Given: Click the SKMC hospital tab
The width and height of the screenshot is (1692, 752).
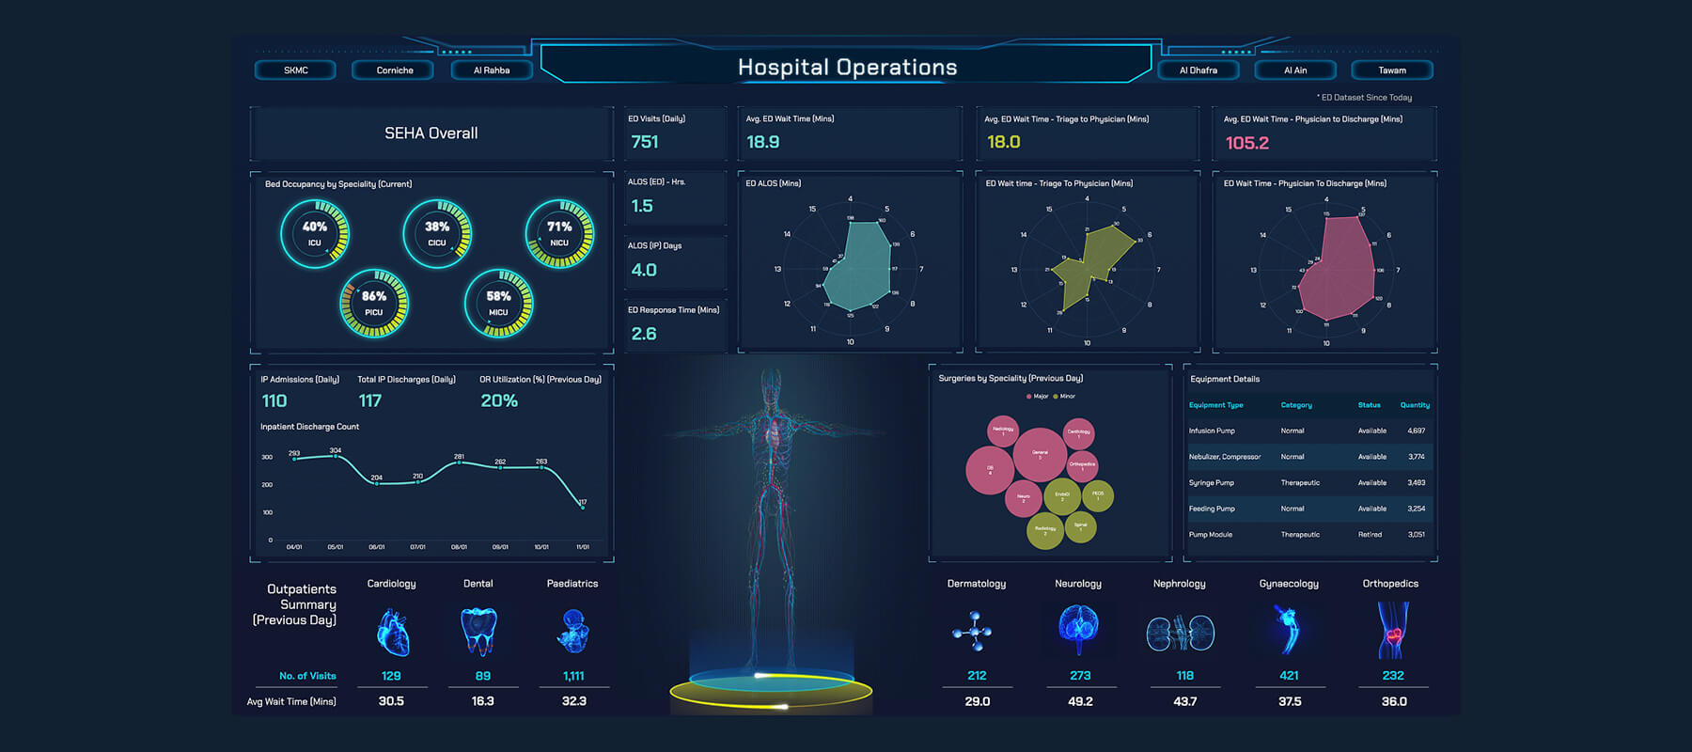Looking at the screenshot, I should [295, 70].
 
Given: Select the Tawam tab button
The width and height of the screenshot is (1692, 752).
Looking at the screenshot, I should [1392, 70].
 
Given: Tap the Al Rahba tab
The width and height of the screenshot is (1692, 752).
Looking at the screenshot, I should [492, 70].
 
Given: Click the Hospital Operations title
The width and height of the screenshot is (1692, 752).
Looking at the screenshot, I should [847, 68].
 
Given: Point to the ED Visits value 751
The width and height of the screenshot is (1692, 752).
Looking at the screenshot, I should [645, 142].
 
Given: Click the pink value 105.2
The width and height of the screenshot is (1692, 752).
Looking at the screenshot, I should [1246, 143].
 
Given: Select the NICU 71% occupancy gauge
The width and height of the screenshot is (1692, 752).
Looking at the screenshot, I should [559, 234].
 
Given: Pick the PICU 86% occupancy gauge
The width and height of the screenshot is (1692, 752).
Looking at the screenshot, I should [374, 304].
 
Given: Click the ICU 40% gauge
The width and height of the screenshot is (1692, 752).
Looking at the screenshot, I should [315, 234].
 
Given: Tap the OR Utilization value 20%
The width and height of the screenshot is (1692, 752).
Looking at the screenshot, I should [499, 401].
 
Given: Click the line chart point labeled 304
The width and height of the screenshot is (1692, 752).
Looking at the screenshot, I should [336, 456].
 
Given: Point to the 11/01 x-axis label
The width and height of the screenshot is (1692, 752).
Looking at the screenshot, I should [583, 547].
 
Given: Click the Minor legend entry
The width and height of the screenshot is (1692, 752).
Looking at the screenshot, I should [1064, 397].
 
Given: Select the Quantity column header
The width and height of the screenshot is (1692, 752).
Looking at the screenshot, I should [1414, 405].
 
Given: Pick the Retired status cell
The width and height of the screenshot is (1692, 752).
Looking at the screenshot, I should [1370, 535].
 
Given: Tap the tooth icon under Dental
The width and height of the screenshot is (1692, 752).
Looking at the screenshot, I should [478, 630].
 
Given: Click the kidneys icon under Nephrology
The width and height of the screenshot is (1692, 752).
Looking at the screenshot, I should [1180, 633].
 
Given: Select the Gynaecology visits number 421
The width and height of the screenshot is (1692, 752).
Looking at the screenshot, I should [1289, 676].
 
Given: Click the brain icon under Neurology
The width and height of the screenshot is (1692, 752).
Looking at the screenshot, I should [1078, 628].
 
